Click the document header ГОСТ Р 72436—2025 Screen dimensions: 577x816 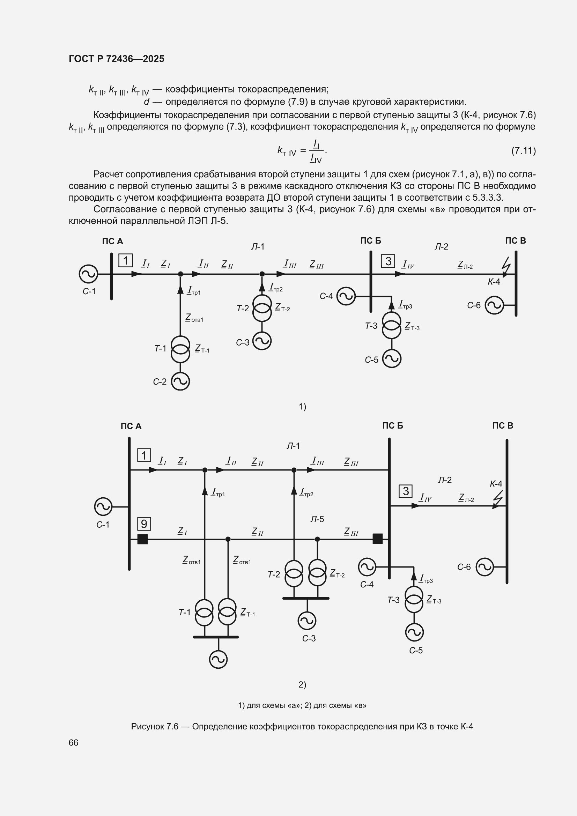click(117, 59)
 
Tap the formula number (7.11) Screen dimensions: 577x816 click(523, 151)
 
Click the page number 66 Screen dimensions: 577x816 click(74, 742)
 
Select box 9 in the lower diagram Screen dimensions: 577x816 click(144, 524)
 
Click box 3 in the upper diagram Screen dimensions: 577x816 click(388, 261)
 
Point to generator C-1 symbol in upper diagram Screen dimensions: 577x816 click(89, 274)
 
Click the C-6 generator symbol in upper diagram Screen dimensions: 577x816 click(494, 305)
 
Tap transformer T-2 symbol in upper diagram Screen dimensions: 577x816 click(262, 308)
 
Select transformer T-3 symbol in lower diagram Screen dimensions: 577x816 click(414, 600)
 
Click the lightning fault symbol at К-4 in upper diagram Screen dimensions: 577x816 click(506, 267)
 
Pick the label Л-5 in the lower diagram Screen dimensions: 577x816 click(317, 519)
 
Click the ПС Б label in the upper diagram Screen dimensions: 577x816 click(370, 240)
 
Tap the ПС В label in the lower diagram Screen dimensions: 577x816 click(503, 425)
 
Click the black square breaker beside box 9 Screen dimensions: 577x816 click(142, 539)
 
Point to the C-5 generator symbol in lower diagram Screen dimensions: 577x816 click(414, 632)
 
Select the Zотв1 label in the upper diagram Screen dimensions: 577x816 click(194, 318)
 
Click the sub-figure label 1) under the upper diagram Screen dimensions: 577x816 click(303, 407)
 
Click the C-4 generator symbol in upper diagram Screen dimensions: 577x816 click(346, 296)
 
